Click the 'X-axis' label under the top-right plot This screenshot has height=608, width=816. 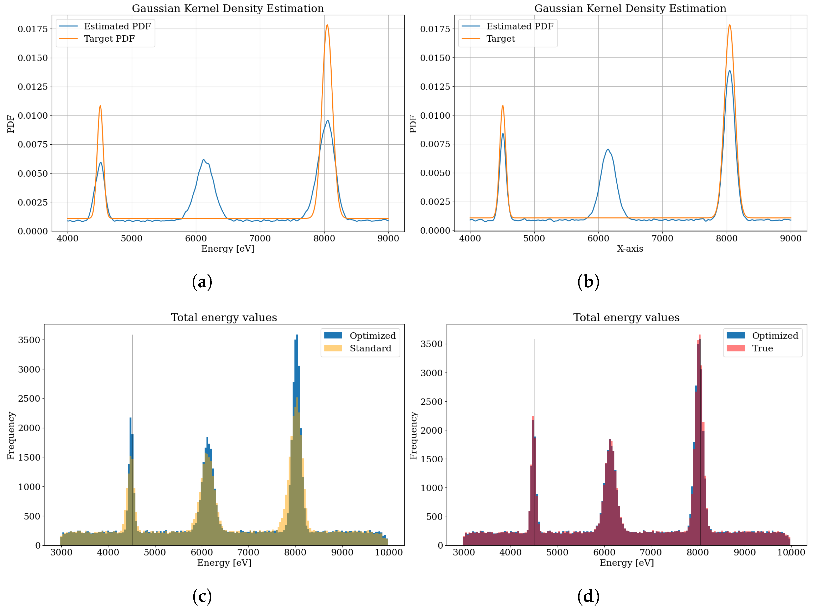tap(630, 249)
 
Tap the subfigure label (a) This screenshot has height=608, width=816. tap(202, 282)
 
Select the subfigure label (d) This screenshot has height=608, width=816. tap(588, 596)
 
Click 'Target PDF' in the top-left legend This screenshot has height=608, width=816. tap(109, 39)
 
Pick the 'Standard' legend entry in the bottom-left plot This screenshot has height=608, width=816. tap(370, 348)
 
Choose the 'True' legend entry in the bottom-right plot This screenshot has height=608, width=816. tap(762, 348)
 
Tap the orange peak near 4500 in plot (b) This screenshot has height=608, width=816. tap(502, 106)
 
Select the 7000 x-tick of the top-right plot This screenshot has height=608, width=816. tap(662, 238)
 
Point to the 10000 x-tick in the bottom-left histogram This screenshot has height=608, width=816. tap(389, 553)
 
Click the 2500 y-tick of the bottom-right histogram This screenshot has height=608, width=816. tap(431, 401)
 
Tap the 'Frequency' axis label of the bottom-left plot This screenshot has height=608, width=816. tap(11, 435)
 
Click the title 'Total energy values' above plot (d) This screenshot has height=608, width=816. tap(626, 317)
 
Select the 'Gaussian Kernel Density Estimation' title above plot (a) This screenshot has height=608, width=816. tap(228, 8)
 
